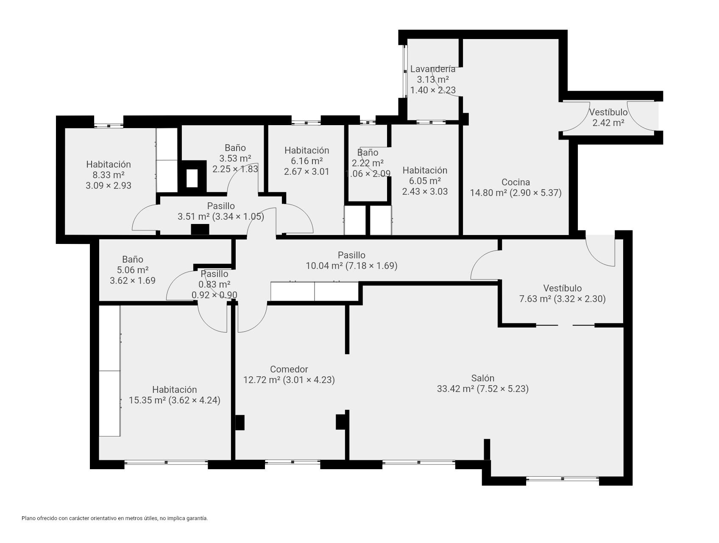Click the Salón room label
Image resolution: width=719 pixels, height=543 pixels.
[482, 378]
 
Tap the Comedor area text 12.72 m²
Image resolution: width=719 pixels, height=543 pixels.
[262, 380]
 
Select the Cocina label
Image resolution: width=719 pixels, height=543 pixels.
[516, 182]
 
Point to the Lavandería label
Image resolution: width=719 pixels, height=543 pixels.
[433, 69]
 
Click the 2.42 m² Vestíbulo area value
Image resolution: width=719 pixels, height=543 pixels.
[608, 123]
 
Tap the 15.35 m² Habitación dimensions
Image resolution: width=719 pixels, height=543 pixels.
[194, 400]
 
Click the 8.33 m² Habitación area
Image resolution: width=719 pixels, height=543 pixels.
[109, 175]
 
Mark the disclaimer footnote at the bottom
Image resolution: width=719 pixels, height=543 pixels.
[115, 518]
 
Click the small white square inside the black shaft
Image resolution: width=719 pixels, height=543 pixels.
[192, 178]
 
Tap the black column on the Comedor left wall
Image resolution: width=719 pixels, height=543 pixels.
[240, 423]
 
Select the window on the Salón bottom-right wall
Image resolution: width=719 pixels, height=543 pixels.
[563, 479]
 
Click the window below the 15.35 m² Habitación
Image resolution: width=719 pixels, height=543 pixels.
[166, 462]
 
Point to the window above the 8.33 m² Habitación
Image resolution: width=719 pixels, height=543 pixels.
[109, 126]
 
